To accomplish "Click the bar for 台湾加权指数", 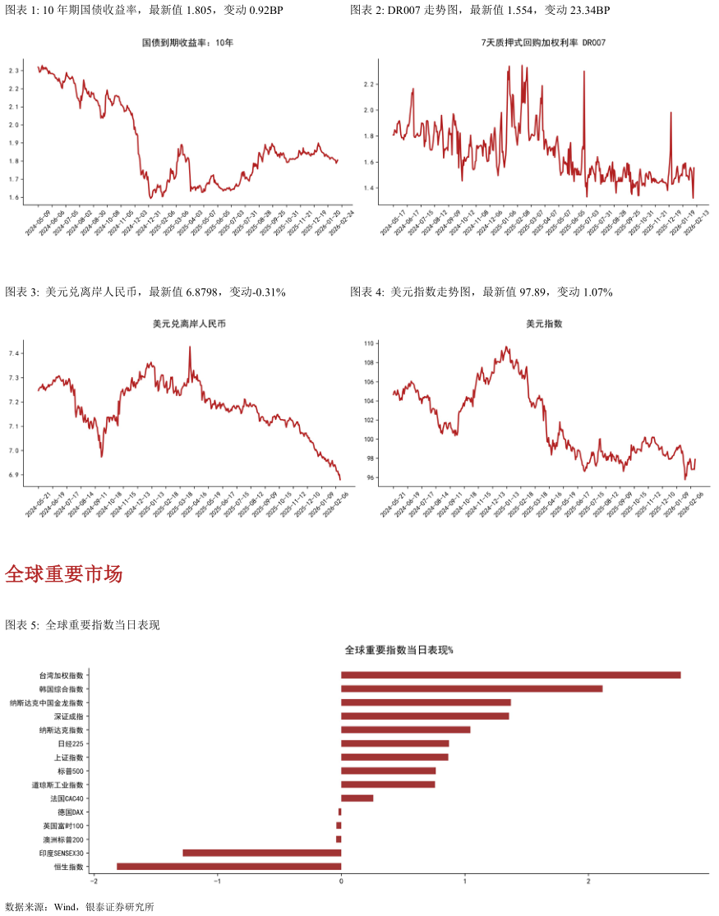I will click(x=510, y=675).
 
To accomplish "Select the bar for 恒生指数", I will click(x=228, y=866).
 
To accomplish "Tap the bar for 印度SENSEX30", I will click(x=261, y=853).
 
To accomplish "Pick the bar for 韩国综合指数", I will click(x=472, y=688).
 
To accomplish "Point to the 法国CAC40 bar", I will click(x=357, y=798).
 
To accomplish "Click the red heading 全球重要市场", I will click(x=63, y=574).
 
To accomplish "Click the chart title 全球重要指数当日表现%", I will click(x=399, y=650).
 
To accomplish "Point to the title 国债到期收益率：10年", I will click(x=187, y=42).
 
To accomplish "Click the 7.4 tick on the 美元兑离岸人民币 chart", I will click(x=13, y=353).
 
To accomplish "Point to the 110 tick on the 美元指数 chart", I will click(x=369, y=343).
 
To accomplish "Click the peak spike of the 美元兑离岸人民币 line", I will click(x=190, y=348).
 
